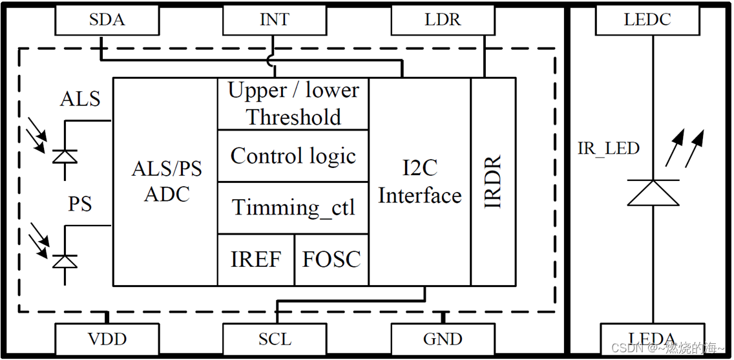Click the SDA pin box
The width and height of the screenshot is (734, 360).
(107, 20)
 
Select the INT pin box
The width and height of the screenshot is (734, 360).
(275, 20)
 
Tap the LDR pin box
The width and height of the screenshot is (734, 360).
(443, 20)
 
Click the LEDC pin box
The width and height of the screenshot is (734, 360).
(647, 20)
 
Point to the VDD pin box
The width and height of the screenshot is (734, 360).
(107, 339)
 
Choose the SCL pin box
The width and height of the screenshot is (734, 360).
(275, 339)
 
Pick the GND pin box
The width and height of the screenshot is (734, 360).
(443, 339)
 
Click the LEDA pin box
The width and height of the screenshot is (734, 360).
(653, 339)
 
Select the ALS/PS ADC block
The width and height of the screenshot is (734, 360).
(165, 182)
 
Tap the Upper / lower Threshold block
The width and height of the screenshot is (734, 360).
(293, 103)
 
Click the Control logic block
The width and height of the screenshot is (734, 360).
(293, 156)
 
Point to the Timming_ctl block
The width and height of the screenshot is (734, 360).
(293, 207)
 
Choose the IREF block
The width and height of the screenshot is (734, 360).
(256, 260)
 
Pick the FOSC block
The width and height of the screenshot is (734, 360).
(331, 260)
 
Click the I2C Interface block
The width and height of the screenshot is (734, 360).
(419, 182)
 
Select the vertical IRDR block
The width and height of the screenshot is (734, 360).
(493, 182)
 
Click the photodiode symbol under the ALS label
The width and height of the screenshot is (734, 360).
(64, 156)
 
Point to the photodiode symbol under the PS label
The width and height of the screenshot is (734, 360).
(64, 260)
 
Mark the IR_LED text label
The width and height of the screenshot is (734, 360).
(608, 149)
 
